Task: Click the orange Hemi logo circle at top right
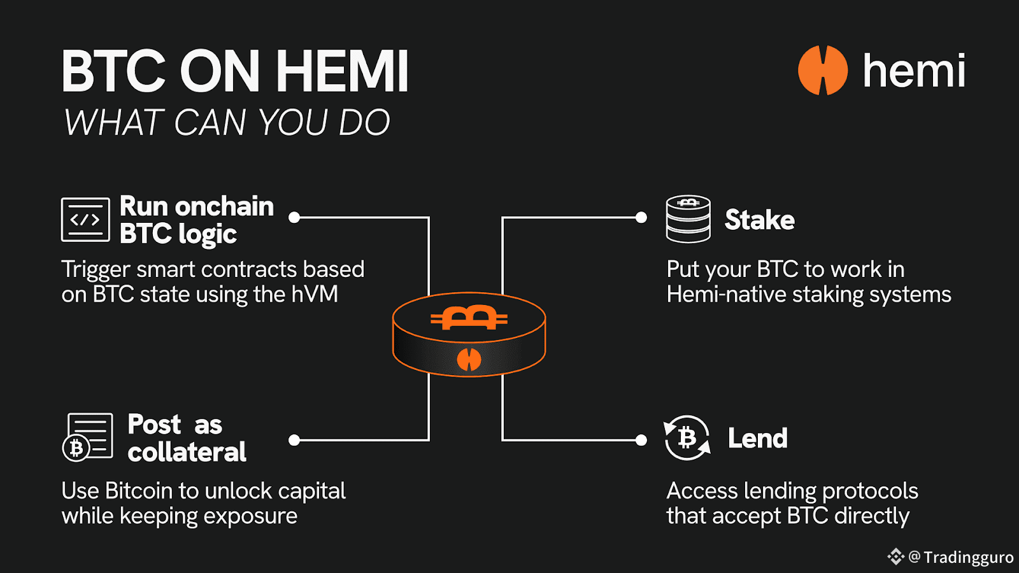click(823, 70)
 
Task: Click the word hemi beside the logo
click(914, 71)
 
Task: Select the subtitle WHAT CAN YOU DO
click(227, 122)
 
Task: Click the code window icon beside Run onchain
click(85, 220)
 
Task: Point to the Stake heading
click(760, 220)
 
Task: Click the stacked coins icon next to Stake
click(688, 219)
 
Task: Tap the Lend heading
click(758, 439)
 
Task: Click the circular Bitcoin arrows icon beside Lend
click(687, 438)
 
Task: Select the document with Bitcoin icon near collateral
click(88, 437)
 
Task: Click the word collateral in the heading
click(187, 452)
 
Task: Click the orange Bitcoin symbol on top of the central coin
click(469, 317)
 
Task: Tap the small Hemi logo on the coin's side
click(469, 360)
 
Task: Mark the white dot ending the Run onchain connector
click(294, 218)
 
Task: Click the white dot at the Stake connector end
click(641, 218)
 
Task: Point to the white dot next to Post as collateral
click(294, 440)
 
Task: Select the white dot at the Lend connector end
click(641, 440)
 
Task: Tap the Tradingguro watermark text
click(968, 558)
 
